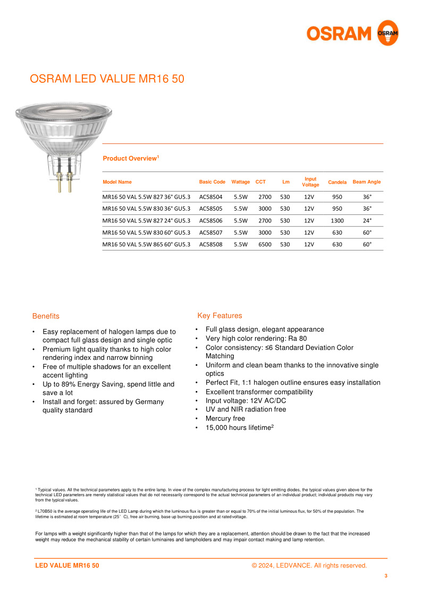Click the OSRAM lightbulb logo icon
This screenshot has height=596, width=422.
[387, 33]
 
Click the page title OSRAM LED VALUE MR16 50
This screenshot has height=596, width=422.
[107, 79]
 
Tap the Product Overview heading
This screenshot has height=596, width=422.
[131, 158]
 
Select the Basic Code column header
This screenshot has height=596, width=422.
[212, 182]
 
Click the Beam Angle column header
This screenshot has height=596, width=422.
[367, 182]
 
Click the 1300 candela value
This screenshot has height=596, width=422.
[337, 220]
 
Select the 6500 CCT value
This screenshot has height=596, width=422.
[265, 245]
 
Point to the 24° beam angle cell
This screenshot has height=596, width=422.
[367, 220]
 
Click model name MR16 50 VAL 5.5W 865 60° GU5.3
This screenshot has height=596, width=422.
[146, 245]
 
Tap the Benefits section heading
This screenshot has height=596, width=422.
[46, 316]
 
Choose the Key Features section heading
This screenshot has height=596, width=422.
[220, 315]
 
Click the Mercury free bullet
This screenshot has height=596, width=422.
[225, 418]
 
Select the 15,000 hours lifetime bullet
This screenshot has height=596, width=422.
[239, 427]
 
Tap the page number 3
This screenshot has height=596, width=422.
[386, 575]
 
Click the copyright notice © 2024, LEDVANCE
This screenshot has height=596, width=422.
[309, 565]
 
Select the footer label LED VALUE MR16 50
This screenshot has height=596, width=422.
[67, 565]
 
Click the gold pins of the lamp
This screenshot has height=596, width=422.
[64, 183]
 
